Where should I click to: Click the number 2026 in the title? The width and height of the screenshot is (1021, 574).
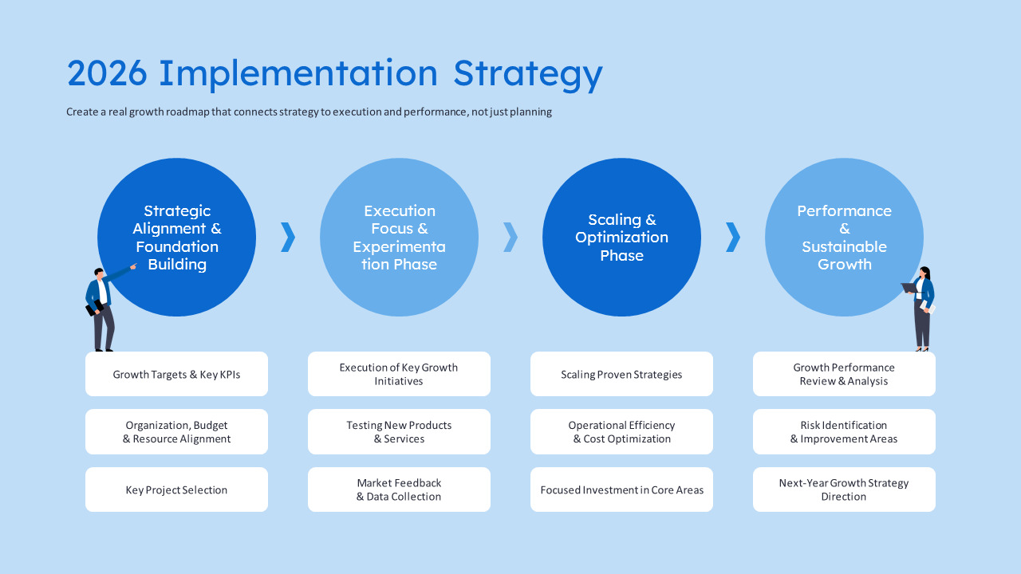point(107,73)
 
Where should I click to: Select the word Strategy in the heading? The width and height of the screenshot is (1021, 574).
point(528,75)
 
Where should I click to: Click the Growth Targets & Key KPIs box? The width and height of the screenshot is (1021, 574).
point(176,374)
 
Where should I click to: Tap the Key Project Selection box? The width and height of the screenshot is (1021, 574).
point(176,489)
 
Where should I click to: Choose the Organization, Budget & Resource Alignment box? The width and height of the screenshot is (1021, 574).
point(176,432)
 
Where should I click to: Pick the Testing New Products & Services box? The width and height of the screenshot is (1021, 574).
point(399,432)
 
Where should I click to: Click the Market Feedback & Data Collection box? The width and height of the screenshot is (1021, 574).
point(399,489)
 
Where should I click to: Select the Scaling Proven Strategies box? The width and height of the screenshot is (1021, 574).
point(621,374)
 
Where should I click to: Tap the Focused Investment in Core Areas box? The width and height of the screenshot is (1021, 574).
point(621,489)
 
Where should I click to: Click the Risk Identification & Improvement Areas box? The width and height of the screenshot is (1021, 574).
point(844,432)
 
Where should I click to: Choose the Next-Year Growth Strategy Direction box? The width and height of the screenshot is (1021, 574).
point(844,489)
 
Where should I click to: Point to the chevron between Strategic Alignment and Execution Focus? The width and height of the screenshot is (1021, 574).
point(289,238)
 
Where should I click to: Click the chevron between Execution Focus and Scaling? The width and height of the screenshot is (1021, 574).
point(511,238)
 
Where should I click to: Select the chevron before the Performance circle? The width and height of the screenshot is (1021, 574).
point(734,238)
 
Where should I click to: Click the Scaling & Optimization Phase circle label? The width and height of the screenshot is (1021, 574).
point(621,238)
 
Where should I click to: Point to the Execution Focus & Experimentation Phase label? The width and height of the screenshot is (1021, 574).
point(400,238)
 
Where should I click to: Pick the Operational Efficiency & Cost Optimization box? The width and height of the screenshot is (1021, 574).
point(621,432)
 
